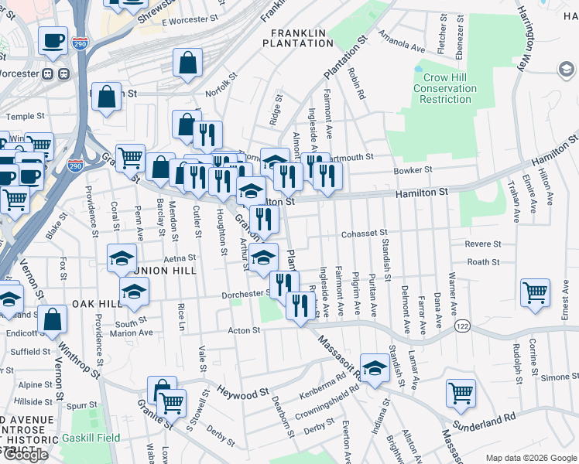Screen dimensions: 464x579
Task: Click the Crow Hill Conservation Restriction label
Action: [x=444, y=88]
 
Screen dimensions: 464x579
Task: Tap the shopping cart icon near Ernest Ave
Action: [x=536, y=294]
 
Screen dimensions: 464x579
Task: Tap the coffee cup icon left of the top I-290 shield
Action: [x=53, y=40]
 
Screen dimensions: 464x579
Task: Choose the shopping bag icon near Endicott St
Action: [x=52, y=319]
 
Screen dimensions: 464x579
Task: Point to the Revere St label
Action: [x=483, y=244]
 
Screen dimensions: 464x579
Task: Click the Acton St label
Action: [x=245, y=330]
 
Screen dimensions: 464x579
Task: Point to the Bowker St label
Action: [x=412, y=170]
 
